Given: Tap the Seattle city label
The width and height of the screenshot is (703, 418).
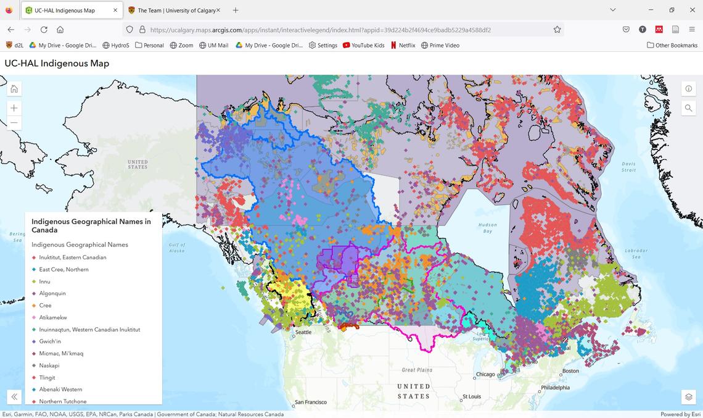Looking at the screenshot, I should (x=303, y=332).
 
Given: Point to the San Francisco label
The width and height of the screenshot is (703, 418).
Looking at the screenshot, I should (x=313, y=402).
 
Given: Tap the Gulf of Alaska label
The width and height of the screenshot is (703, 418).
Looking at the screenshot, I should (x=176, y=248).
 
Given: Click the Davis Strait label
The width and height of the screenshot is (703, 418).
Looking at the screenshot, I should (x=628, y=167).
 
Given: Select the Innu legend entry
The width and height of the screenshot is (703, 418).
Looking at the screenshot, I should (x=44, y=282).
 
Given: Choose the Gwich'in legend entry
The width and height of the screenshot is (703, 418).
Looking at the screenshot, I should (x=50, y=341).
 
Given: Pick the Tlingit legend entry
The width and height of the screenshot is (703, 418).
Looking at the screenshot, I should (x=47, y=377).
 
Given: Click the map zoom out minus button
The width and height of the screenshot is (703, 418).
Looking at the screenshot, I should (x=14, y=123).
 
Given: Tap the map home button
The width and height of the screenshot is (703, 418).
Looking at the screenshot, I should (x=14, y=89).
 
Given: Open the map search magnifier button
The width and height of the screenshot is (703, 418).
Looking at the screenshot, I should (x=688, y=108).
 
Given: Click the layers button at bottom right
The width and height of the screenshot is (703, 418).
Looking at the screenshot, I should (x=688, y=396).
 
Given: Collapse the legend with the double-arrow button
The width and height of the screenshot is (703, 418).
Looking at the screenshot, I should (x=14, y=396).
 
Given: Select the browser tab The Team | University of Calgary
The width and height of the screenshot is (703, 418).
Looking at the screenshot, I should (x=176, y=10).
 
